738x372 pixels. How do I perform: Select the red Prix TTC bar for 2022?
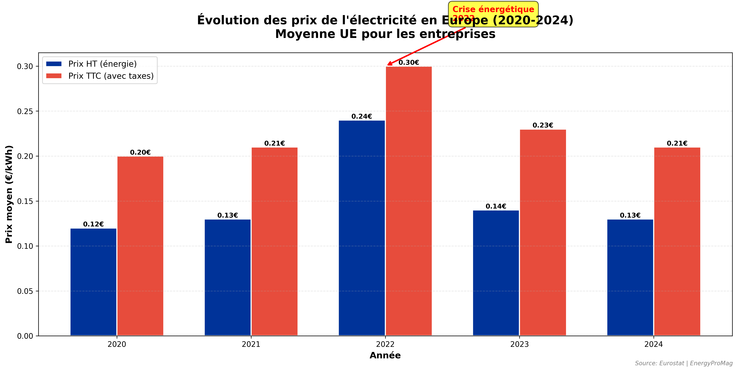point(409,201)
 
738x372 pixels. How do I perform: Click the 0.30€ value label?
point(409,63)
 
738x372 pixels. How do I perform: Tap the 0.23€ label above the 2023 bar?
point(543,125)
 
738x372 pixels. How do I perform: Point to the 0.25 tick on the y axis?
point(25,111)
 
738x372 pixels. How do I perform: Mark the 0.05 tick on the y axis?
point(25,291)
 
